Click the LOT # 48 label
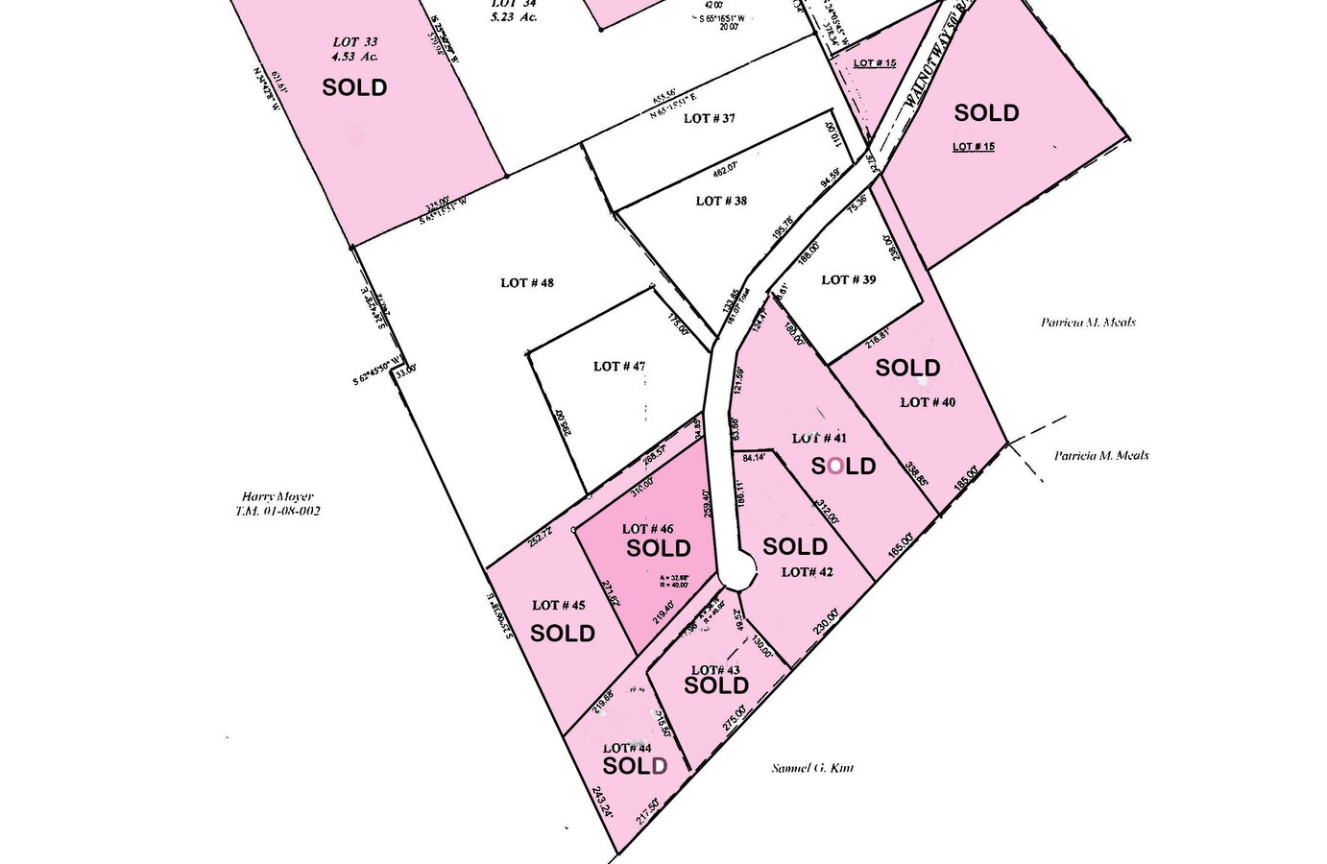click(x=527, y=283)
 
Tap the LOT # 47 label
click(x=619, y=366)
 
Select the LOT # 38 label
click(x=721, y=201)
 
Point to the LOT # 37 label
click(x=710, y=118)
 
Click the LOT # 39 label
click(x=849, y=279)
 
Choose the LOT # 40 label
click(x=928, y=402)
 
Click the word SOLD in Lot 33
click(x=354, y=87)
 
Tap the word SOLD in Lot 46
click(x=659, y=548)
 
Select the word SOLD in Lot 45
click(x=563, y=634)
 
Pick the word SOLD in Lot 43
click(x=716, y=685)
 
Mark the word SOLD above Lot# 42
click(x=795, y=547)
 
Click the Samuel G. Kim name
click(x=812, y=768)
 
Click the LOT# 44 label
click(x=627, y=748)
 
